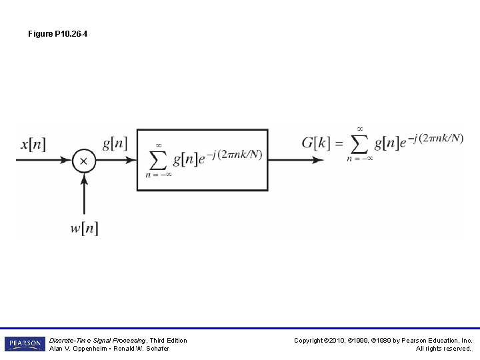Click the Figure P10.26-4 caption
pyautogui.click(x=58, y=33)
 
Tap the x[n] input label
pyautogui.click(x=33, y=144)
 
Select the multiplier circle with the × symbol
pyautogui.click(x=84, y=161)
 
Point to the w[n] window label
pyautogui.click(x=84, y=228)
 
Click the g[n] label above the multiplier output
pyautogui.click(x=115, y=143)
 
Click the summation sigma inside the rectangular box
pyautogui.click(x=158, y=160)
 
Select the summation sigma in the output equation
pyautogui.click(x=360, y=144)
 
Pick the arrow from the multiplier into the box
pyautogui.click(x=116, y=161)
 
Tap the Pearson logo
pyautogui.click(x=25, y=344)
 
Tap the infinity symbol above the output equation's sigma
pyautogui.click(x=360, y=128)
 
